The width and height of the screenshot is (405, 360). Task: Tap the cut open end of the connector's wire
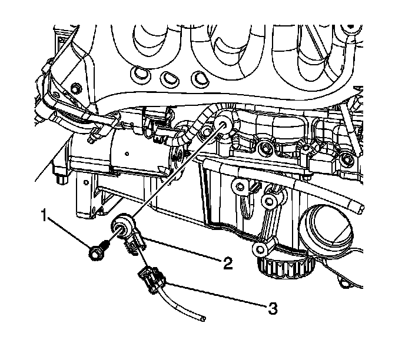coord(203,318)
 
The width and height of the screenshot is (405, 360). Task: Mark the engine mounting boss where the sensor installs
coord(224,122)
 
